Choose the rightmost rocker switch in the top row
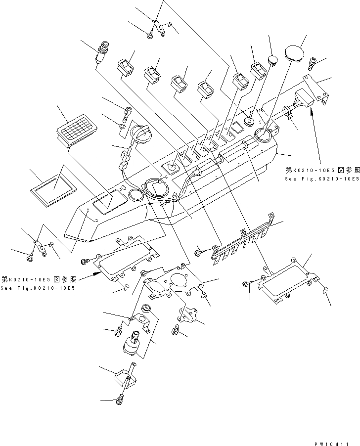(x=260, y=72)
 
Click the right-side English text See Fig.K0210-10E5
(x=321, y=178)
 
